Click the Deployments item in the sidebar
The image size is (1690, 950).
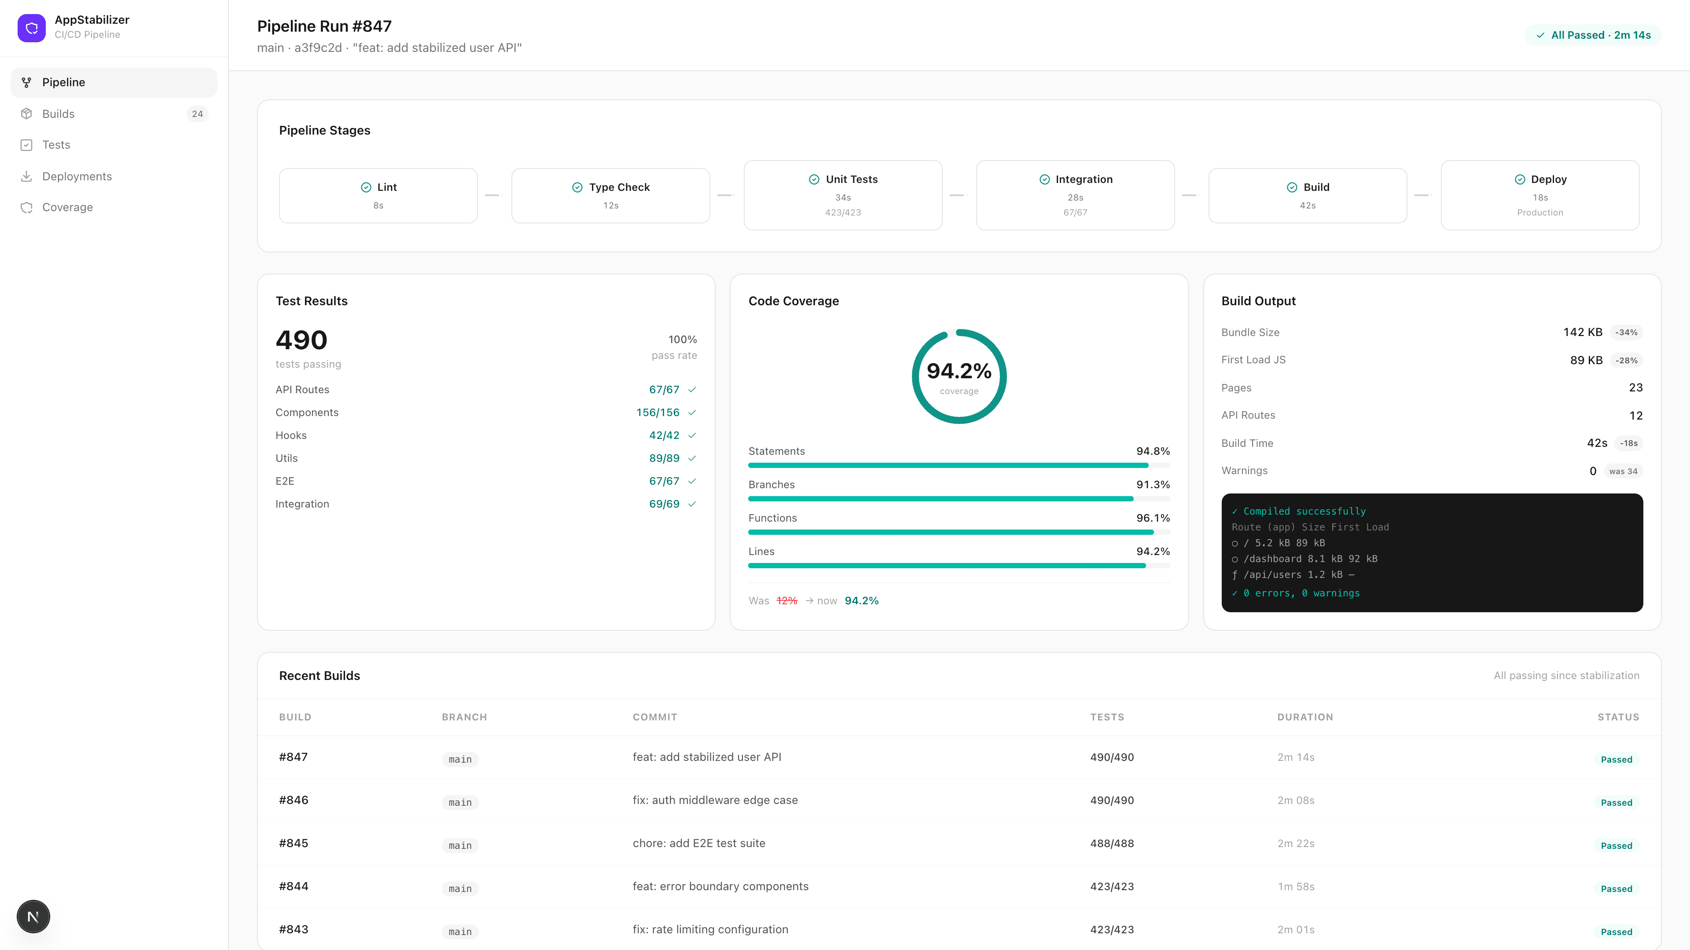(x=77, y=176)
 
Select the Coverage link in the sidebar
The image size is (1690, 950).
(x=68, y=207)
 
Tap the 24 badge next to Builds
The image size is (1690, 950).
(x=197, y=114)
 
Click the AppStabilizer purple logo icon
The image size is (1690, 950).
(x=32, y=28)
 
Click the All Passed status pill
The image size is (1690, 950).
(x=1593, y=35)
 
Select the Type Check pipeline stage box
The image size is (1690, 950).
(x=610, y=195)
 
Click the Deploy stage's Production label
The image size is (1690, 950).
(x=1540, y=212)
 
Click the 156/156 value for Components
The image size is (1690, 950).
(x=658, y=413)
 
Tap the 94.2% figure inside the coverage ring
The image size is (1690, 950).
(x=959, y=371)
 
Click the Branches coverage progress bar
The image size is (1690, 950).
(x=959, y=499)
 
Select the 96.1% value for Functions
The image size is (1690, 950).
(x=1153, y=518)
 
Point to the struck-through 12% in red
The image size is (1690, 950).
(x=786, y=600)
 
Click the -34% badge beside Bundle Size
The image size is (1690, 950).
(x=1626, y=332)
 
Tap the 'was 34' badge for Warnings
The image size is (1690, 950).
(x=1623, y=471)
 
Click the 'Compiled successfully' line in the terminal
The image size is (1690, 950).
(x=1304, y=512)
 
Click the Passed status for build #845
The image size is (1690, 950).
(x=1616, y=846)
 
